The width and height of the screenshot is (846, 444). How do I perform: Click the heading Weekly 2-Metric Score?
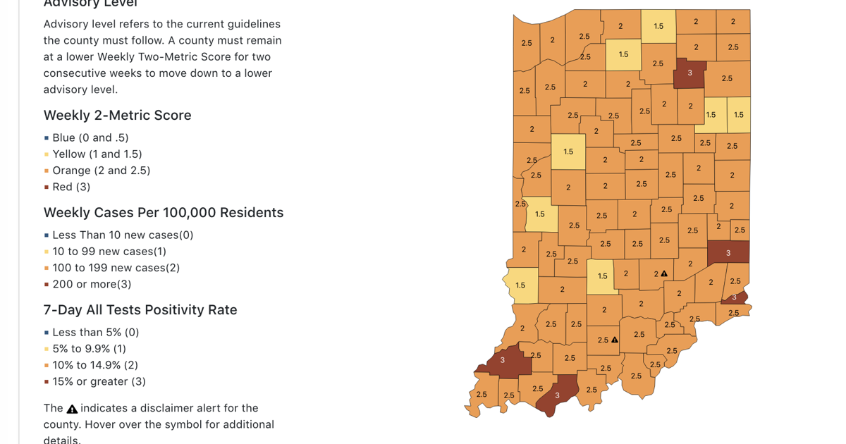117,116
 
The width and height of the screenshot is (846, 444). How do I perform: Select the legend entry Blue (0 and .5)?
90,138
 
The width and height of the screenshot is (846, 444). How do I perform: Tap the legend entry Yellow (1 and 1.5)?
97,154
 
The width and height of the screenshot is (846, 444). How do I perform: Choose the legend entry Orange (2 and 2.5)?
101,171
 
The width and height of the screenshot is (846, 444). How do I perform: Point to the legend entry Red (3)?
71,187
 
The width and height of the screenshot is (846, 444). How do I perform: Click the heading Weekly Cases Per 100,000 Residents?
164,213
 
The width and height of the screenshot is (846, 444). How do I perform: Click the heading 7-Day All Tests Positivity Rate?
140,310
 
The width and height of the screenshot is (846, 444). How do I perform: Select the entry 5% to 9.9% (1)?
90,349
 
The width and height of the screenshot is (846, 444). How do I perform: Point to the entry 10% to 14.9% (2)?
95,365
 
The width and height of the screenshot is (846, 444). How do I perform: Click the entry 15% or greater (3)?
99,381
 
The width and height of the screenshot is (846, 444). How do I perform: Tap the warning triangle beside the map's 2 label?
664,273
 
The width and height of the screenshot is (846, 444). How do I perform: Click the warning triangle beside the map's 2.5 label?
615,340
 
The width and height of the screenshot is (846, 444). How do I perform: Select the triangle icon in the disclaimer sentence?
72,409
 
